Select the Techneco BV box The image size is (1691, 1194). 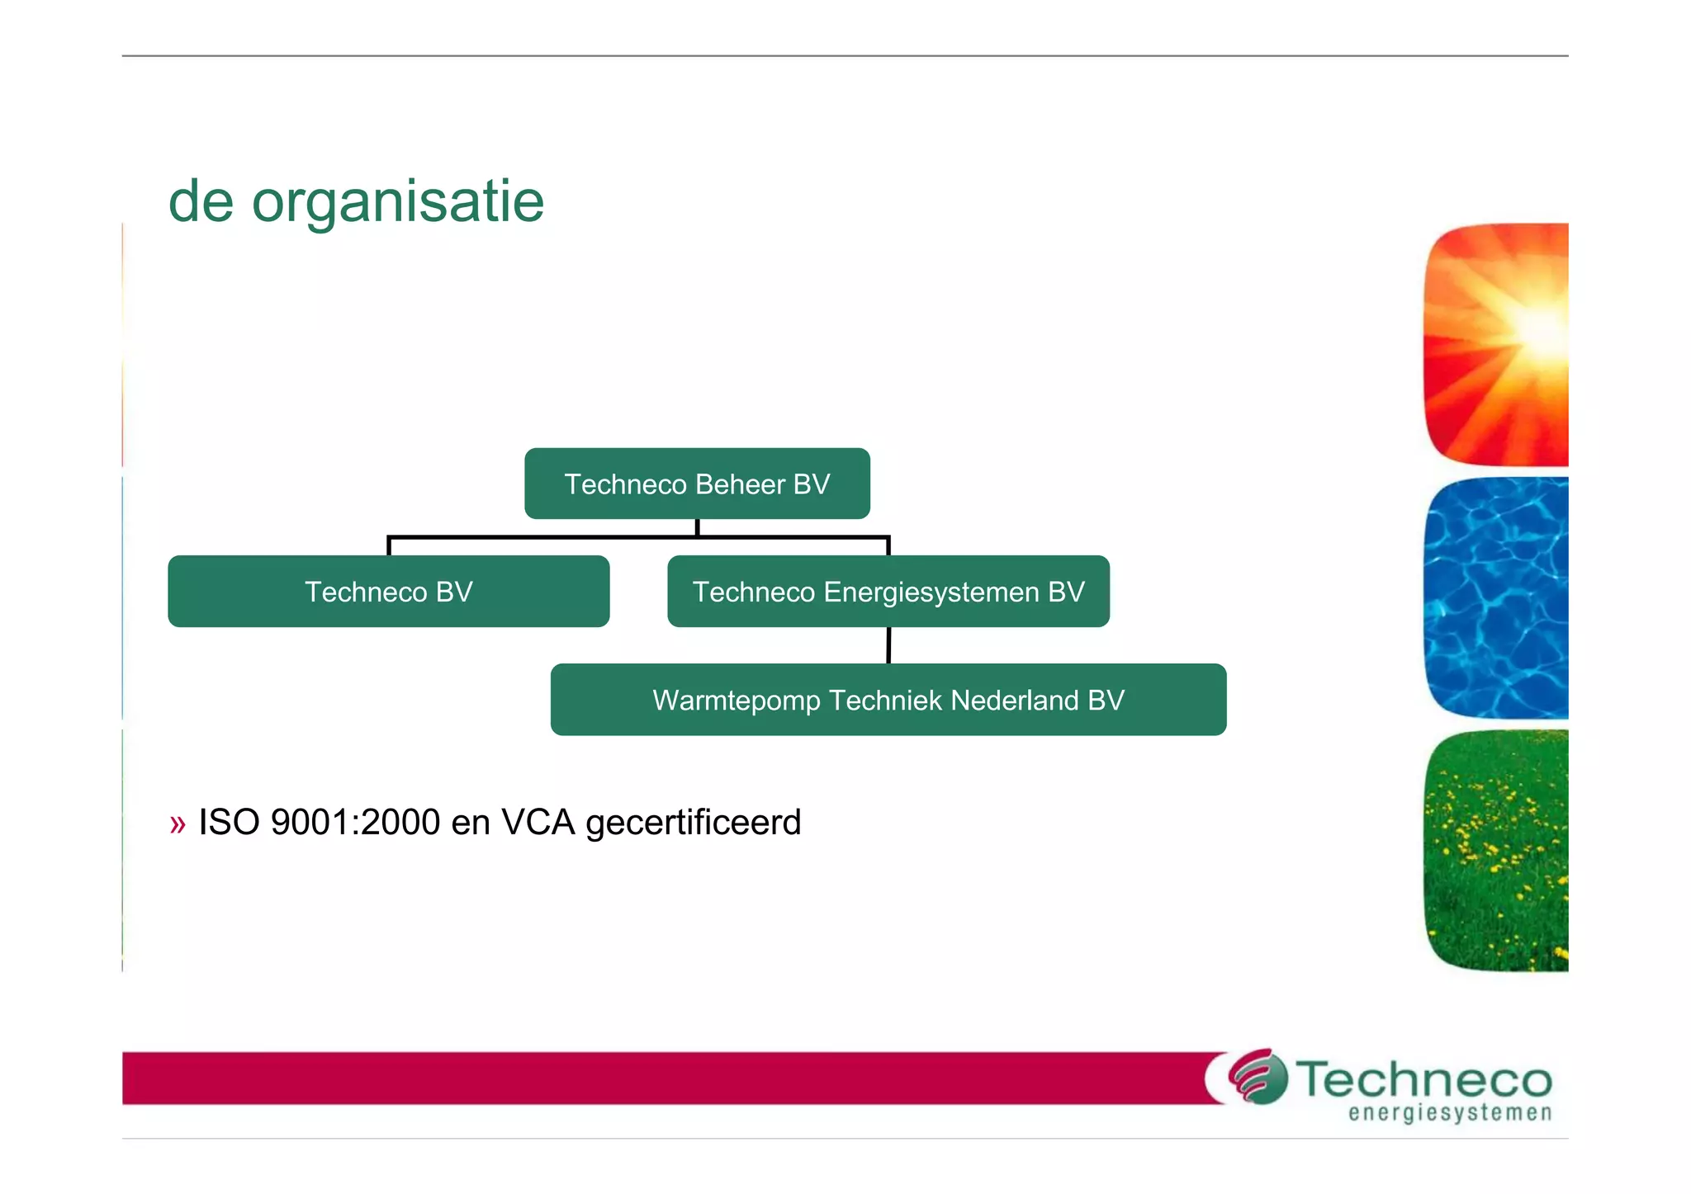point(388,592)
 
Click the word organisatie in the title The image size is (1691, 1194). point(397,203)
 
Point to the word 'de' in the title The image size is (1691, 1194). point(201,201)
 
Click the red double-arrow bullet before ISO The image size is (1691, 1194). point(178,824)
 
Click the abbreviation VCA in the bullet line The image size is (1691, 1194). point(538,823)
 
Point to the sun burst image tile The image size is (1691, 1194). point(1495,343)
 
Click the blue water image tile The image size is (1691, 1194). point(1495,597)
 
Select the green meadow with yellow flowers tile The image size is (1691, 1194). point(1495,851)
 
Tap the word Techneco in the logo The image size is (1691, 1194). point(1423,1079)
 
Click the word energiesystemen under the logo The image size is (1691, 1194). point(1450,1113)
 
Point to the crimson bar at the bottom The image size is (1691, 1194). point(661,1078)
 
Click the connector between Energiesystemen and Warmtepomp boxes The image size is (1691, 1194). point(888,645)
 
